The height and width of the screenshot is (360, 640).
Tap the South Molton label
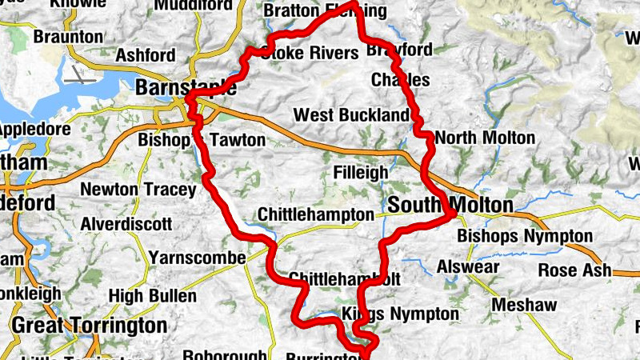tap(450, 206)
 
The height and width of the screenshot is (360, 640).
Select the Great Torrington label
tap(90, 326)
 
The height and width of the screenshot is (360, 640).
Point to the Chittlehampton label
tap(316, 215)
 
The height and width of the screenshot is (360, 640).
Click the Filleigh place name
tap(360, 172)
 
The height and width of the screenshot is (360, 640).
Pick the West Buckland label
tap(351, 115)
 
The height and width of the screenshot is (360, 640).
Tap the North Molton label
tap(485, 138)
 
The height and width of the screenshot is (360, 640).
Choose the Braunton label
tap(69, 37)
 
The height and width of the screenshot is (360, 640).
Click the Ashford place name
tap(146, 55)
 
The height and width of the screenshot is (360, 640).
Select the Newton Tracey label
tap(138, 190)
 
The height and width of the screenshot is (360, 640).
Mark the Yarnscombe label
tap(196, 258)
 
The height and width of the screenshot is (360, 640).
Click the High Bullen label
tap(152, 296)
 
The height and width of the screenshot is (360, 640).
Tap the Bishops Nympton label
tap(525, 237)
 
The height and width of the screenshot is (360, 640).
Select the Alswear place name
tap(469, 267)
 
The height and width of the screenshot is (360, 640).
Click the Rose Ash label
tap(574, 270)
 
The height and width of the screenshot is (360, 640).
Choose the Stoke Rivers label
tap(308, 54)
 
